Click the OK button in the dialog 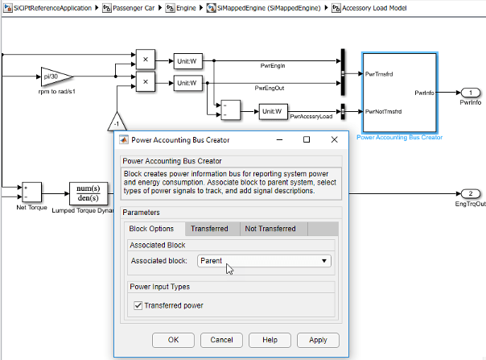[173, 340]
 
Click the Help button [270, 340]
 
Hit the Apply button [318, 340]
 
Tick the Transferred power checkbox [138, 306]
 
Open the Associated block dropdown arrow [324, 261]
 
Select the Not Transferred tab [270, 229]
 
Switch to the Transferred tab [209, 229]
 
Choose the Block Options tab [151, 229]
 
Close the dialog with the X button [334, 139]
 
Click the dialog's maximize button [307, 139]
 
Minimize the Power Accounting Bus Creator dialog [279, 139]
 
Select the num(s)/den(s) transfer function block [89, 193]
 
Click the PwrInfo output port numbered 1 [471, 93]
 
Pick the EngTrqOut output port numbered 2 [471, 193]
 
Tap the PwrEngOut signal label [270, 88]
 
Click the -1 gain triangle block [117, 122]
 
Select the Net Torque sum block [31, 192]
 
